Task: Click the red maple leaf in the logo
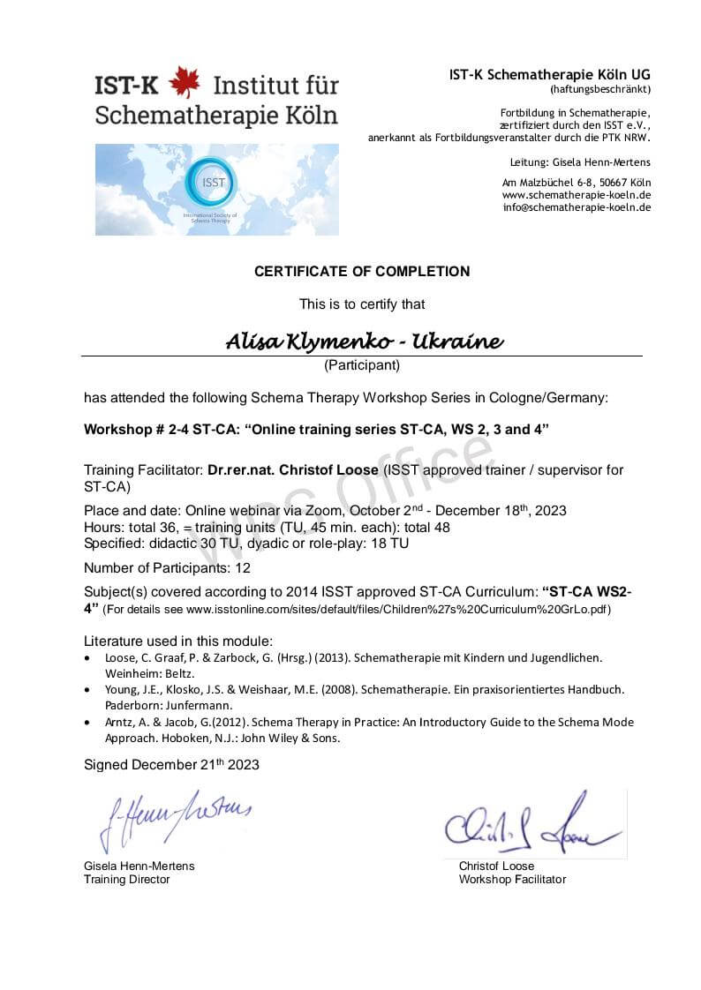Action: coord(185,82)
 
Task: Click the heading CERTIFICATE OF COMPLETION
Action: coord(362,272)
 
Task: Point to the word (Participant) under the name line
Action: coord(362,364)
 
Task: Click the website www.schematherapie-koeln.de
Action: coord(577,195)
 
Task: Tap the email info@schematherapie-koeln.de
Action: coord(577,207)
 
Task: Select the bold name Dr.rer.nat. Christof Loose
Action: coord(292,470)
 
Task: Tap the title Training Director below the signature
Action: coord(126,879)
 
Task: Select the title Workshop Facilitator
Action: coord(512,879)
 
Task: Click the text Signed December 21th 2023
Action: coord(171,764)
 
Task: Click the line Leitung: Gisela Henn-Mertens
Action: coord(580,162)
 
